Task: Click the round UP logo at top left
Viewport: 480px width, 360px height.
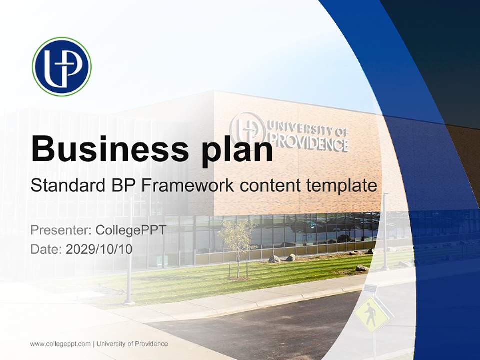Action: click(x=62, y=67)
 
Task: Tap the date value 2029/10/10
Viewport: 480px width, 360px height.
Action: click(x=99, y=249)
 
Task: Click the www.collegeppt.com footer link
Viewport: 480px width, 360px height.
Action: click(x=60, y=344)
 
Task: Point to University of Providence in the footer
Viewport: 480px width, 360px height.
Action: click(x=132, y=344)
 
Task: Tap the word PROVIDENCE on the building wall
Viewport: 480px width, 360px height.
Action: click(x=308, y=143)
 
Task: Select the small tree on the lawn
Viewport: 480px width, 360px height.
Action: click(x=237, y=245)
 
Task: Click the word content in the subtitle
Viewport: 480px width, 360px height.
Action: click(x=268, y=186)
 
